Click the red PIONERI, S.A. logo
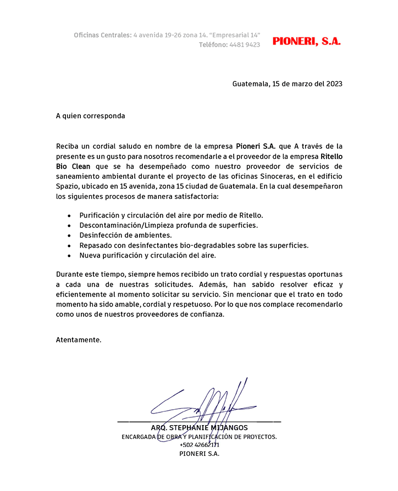tap(307, 41)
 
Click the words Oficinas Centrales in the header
tap(103, 35)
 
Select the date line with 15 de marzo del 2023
tap(288, 84)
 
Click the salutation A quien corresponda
tap(90, 116)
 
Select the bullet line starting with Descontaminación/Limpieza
tap(168, 225)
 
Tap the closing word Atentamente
tap(79, 339)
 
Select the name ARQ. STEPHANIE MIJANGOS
tap(199, 428)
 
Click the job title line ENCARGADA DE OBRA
tap(199, 437)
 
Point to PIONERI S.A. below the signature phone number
tap(199, 454)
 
